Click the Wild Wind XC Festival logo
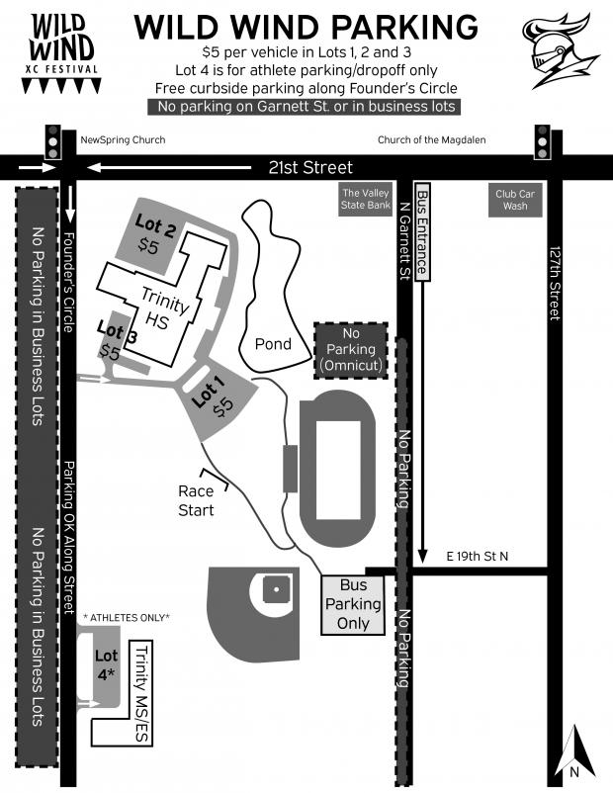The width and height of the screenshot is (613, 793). tap(61, 53)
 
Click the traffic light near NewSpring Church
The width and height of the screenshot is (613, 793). tap(52, 142)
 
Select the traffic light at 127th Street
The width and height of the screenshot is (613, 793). tap(542, 142)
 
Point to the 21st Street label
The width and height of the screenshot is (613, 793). tap(310, 167)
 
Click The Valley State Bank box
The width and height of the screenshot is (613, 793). tap(365, 200)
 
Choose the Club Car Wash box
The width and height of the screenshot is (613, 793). tap(515, 200)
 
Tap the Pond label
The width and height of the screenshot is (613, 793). tap(273, 344)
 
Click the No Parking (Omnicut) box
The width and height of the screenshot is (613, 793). tap(351, 350)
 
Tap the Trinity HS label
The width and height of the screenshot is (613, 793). tap(162, 308)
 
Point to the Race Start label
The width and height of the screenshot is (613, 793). tap(196, 500)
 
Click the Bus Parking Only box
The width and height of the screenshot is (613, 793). tap(353, 604)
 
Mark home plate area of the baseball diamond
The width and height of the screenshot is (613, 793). tap(276, 589)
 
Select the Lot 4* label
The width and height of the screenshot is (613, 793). tap(106, 664)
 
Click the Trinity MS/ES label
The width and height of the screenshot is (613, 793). tap(142, 693)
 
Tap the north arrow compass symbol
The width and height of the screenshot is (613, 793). tap(574, 752)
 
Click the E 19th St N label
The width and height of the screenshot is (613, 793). tap(477, 557)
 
